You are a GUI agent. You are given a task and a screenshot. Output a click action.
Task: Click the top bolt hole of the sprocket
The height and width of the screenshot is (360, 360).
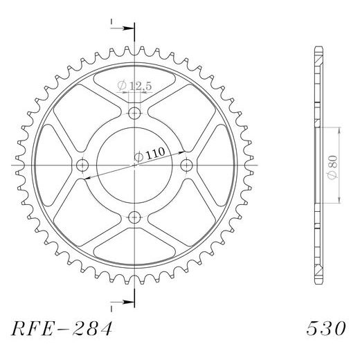(x=134, y=114)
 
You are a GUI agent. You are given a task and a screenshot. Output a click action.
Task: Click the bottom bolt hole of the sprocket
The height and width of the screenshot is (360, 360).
(x=134, y=217)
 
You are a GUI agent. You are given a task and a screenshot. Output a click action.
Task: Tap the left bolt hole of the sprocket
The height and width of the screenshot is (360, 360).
(x=83, y=165)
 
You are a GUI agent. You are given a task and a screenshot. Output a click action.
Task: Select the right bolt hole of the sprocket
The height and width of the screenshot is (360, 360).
(x=186, y=165)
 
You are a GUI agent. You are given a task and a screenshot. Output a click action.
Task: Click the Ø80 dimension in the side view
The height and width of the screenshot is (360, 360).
(x=333, y=165)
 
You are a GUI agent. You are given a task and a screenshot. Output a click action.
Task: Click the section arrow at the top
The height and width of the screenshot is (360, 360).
(x=127, y=28)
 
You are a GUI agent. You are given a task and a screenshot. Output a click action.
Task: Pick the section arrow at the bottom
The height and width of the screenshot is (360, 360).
(x=127, y=301)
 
